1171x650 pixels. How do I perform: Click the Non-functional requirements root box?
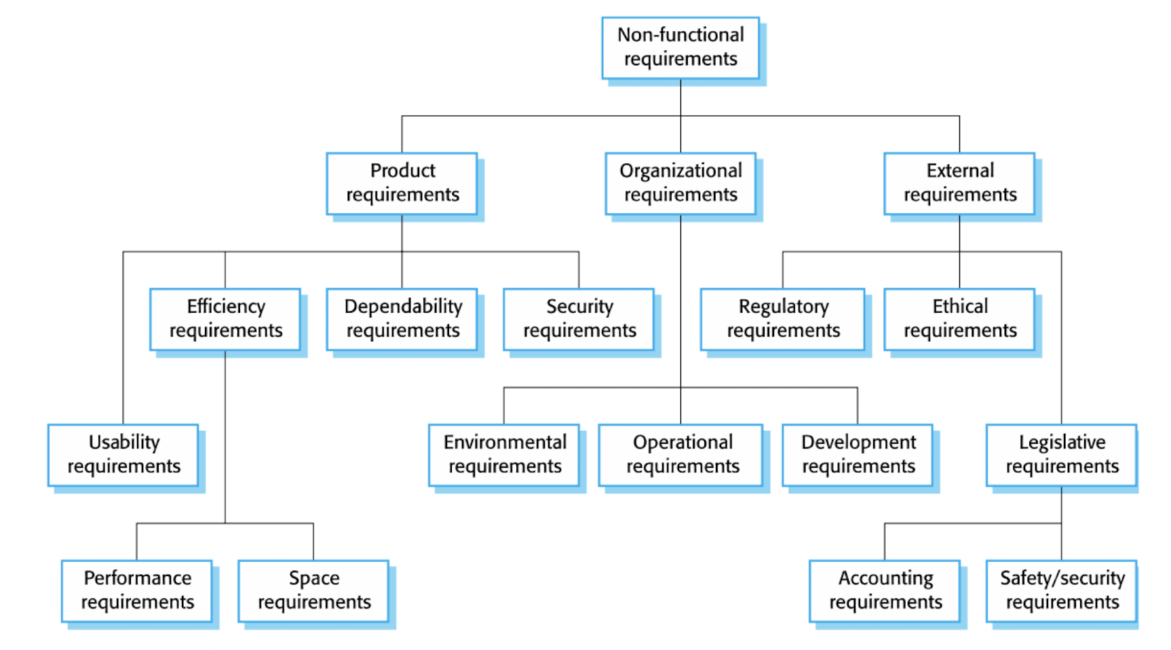[680, 48]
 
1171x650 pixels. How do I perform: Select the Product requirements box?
[402, 184]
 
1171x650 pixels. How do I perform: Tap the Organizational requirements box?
[680, 184]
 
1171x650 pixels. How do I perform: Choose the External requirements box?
[959, 184]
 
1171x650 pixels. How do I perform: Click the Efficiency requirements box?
[225, 320]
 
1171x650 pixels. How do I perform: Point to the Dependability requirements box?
[402, 320]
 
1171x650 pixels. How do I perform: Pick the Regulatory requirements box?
[783, 320]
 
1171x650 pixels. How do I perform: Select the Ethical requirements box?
[959, 320]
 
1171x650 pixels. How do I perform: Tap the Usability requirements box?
[123, 455]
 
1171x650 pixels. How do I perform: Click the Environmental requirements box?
[504, 455]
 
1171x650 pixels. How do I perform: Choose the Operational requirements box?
[681, 455]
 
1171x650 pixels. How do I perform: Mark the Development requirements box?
[858, 455]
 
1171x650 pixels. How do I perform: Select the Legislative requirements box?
[1062, 455]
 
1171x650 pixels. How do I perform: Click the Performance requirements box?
[137, 591]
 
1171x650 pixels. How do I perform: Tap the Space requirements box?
[313, 591]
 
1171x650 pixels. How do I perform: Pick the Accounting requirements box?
[885, 591]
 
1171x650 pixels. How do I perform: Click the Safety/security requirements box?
[1062, 591]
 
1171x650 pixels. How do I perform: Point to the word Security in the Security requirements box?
[579, 307]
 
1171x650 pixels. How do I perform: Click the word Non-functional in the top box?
[680, 35]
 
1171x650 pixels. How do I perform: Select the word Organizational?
[680, 172]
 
